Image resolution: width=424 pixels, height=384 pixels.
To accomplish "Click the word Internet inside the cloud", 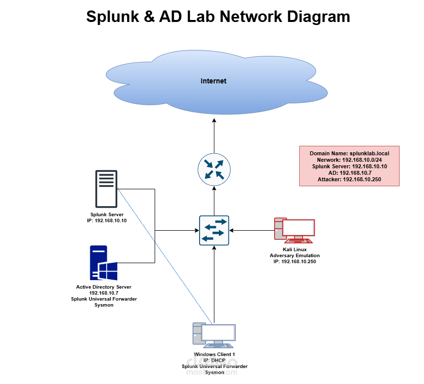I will point(213,81).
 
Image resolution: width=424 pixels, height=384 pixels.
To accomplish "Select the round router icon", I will point(214,168).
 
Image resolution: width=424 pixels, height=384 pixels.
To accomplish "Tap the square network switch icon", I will point(214,230).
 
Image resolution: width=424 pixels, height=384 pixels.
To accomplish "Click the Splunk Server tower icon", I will point(106,188).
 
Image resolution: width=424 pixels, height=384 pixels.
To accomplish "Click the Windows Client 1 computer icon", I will point(214,335).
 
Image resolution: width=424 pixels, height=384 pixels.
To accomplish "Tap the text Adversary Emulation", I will point(294,255).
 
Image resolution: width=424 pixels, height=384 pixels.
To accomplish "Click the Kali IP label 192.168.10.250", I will point(294,261).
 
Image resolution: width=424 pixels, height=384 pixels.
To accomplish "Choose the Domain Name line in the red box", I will point(349,153).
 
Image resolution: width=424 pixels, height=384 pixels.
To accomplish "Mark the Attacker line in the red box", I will point(349,179).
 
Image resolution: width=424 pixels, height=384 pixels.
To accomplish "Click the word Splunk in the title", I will point(111,16).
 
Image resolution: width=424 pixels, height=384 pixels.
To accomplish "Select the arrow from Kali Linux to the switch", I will point(252,230).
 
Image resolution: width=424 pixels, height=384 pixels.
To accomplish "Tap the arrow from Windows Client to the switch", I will point(214,285).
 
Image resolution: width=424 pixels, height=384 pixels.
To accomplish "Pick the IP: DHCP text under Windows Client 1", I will point(214,361).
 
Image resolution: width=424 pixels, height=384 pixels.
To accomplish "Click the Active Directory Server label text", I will point(104,287).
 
